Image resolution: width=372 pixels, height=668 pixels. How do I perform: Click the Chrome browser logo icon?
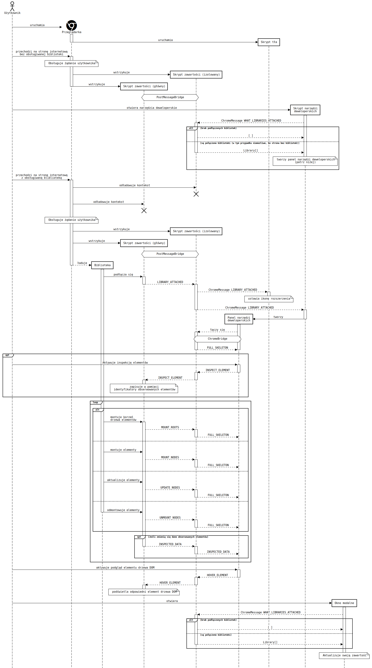71,25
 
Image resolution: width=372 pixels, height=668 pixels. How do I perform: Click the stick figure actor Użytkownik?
12,6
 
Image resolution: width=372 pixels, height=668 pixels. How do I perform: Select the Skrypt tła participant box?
269,42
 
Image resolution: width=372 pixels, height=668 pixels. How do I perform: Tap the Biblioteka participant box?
102,265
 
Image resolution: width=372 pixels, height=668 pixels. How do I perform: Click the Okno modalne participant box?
344,603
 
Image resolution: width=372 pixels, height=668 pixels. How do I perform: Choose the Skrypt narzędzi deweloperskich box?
305,110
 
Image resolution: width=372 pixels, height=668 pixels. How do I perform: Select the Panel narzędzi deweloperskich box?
239,319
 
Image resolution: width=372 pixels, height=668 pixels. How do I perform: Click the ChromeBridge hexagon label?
217,339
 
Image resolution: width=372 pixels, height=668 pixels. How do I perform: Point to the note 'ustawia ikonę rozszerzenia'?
269,299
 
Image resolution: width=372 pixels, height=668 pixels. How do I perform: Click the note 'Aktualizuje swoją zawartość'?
344,655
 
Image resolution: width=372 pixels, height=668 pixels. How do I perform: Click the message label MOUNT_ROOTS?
170,427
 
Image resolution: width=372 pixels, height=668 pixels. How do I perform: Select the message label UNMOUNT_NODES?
170,518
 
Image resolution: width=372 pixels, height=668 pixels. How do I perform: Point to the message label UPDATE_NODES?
170,487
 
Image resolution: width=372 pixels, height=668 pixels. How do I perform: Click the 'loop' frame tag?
96,402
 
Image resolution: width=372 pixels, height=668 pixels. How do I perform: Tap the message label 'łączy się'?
217,330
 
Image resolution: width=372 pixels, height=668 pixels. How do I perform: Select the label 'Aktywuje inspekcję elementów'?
125,363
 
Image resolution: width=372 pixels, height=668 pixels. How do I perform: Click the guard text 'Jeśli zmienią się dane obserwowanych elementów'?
178,537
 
